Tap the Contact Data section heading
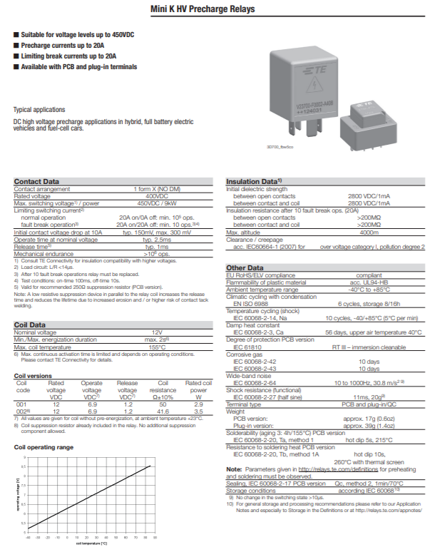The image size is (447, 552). tap(37, 182)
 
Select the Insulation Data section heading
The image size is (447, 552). tap(255, 182)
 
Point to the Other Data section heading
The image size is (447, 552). tap(245, 267)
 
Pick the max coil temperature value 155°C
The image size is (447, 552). tap(157, 347)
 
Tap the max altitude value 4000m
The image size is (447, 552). tap(369, 232)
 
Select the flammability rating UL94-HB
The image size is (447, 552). tap(369, 281)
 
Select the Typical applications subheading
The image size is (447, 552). tap(39, 110)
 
